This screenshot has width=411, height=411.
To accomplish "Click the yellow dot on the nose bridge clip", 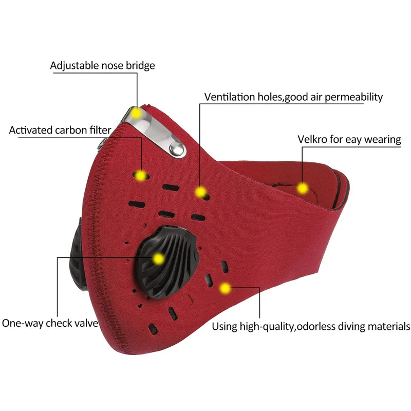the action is pos(136,113).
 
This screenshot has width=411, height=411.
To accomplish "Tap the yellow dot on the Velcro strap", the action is pos(303,188).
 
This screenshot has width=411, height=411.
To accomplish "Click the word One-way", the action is pos(22,323).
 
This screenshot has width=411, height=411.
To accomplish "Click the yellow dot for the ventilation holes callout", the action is pos(201,192).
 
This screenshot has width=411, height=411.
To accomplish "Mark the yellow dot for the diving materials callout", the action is pos(225,288).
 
